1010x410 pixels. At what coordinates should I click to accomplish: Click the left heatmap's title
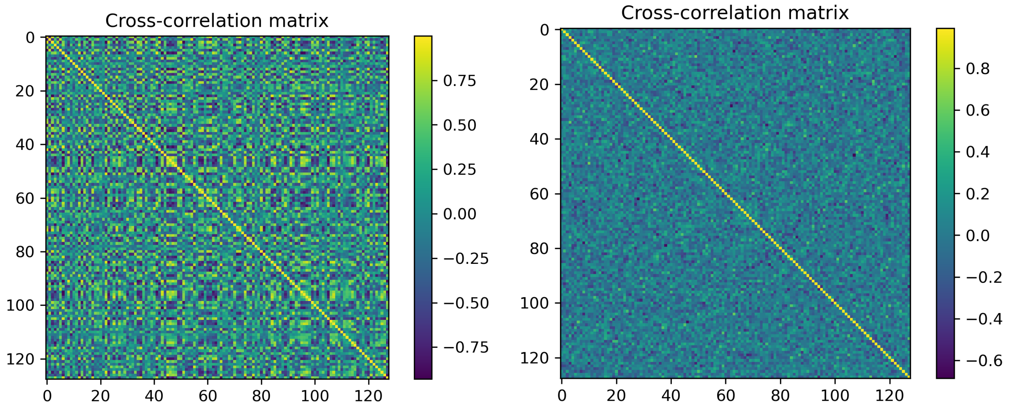[217, 21]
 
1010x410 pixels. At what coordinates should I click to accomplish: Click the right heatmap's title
[734, 13]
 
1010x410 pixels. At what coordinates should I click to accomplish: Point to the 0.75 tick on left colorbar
[459, 81]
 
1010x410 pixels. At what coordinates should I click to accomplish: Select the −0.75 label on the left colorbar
[466, 348]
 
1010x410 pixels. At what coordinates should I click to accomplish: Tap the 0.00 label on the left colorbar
[459, 214]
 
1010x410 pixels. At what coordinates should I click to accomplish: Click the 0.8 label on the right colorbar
[977, 69]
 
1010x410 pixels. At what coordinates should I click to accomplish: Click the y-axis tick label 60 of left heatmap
[25, 198]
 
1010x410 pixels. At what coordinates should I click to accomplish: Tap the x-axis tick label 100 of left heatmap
[315, 396]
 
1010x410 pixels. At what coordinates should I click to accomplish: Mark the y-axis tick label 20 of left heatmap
[25, 91]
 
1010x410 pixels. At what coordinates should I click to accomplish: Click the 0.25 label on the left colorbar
[459, 170]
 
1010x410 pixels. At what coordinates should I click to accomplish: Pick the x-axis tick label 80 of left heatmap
[261, 396]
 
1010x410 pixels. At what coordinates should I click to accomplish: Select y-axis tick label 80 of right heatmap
[539, 248]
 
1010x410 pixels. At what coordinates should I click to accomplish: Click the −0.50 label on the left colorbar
[466, 303]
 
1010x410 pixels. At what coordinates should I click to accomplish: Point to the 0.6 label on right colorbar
[977, 110]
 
